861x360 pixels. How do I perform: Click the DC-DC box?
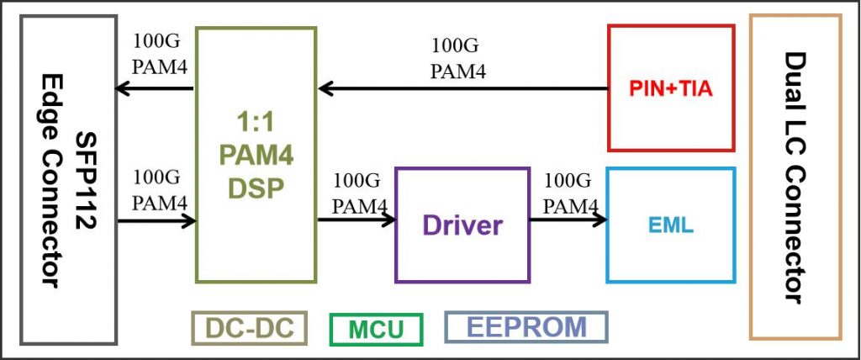(247, 328)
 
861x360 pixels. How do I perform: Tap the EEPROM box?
(526, 327)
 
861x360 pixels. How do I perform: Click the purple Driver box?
(462, 225)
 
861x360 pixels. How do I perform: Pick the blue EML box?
(670, 225)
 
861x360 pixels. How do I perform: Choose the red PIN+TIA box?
(670, 87)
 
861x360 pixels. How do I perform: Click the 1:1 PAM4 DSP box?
(256, 155)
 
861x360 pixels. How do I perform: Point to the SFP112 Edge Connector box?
(70, 178)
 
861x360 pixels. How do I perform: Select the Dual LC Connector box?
(795, 177)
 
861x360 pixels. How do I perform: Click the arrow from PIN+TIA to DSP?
(462, 87)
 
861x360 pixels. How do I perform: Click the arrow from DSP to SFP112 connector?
(156, 87)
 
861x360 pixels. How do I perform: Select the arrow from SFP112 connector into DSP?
(156, 221)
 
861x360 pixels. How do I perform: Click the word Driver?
(462, 225)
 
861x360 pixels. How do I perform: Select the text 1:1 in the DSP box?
(256, 121)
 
